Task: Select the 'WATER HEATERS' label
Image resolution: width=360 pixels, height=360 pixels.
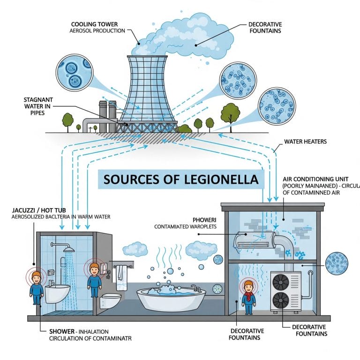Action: (305, 141)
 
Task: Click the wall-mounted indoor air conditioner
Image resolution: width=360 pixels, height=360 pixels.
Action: (253, 240)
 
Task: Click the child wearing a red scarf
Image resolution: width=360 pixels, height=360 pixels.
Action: (248, 295)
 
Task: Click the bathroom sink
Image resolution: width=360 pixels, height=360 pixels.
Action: (56, 292)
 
